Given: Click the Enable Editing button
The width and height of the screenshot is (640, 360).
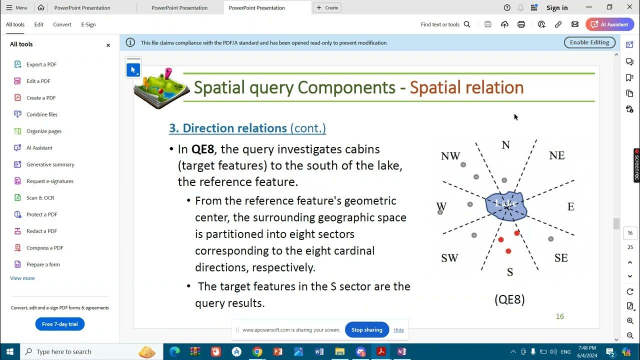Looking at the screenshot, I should [589, 42].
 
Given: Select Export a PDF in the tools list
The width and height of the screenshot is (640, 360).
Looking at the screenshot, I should [41, 64].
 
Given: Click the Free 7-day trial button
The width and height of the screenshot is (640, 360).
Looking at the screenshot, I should [60, 324].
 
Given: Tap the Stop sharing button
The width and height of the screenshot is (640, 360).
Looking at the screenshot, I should [366, 330].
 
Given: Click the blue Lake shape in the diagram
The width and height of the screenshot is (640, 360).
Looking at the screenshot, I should [506, 205].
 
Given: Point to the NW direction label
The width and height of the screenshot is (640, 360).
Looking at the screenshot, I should [450, 156].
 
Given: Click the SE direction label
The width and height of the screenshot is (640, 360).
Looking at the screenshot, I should [561, 258].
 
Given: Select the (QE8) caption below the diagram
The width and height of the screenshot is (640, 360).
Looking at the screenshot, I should [509, 299].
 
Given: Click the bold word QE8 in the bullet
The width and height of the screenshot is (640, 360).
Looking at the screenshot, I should [202, 149].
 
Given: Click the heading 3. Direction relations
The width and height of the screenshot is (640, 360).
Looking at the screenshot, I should [228, 128].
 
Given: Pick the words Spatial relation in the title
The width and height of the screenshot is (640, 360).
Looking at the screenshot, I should [466, 87].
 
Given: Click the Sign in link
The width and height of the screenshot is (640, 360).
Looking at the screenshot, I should [557, 8].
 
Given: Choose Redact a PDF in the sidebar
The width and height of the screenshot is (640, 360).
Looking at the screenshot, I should [41, 231].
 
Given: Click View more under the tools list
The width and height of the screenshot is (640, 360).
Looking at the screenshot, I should [22, 278].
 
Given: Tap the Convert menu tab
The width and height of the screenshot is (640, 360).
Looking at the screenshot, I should [62, 24].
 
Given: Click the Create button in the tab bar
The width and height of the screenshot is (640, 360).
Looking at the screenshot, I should [327, 8].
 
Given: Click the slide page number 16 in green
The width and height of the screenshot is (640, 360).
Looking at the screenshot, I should [560, 316].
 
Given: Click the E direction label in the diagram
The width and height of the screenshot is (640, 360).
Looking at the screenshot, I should [570, 206].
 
